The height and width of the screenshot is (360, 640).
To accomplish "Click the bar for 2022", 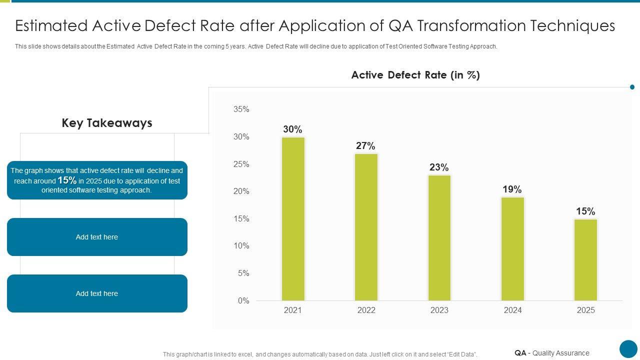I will [x=366, y=227].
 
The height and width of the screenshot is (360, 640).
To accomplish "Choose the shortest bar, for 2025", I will [x=585, y=259].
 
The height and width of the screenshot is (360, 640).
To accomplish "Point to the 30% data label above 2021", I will [x=292, y=129].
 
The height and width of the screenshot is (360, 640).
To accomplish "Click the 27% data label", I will [x=365, y=146].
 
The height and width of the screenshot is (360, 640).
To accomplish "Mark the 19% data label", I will [x=512, y=189].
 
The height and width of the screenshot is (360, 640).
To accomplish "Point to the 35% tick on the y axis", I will [x=241, y=109].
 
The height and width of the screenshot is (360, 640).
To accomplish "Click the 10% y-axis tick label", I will [x=241, y=246].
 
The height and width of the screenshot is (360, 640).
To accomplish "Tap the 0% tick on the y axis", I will [x=243, y=300].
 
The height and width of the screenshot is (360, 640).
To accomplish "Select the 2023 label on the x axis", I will [x=439, y=310].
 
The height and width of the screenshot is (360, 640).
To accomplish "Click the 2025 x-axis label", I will [x=585, y=310].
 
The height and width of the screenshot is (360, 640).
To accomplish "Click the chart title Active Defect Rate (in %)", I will [x=415, y=75].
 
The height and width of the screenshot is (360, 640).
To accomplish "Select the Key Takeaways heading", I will [x=107, y=123].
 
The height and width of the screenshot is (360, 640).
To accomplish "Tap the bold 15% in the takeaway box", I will [x=67, y=180].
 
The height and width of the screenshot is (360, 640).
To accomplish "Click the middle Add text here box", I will [x=97, y=237].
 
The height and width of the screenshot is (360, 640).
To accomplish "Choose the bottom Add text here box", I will [x=97, y=293].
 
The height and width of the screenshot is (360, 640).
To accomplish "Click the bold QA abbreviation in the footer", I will [x=520, y=353].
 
